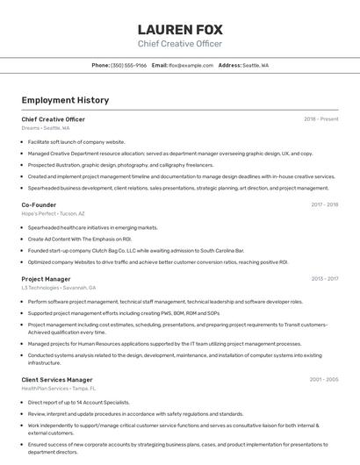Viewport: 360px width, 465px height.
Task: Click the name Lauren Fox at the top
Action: click(179, 29)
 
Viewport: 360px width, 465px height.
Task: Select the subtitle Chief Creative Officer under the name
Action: click(179, 44)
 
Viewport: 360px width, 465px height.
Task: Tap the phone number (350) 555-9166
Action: click(129, 65)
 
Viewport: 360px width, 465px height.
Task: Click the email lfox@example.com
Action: click(191, 65)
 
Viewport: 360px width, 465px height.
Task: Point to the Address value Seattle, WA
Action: click(256, 65)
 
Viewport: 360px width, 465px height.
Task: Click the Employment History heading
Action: click(65, 101)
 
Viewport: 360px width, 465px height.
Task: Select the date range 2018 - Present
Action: click(320, 118)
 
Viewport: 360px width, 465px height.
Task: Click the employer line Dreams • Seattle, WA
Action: click(46, 128)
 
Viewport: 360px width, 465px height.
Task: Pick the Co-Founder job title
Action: click(39, 204)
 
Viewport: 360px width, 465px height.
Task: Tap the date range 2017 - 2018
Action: click(324, 204)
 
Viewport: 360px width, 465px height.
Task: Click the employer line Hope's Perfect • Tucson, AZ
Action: click(54, 213)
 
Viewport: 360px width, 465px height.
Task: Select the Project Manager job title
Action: click(46, 279)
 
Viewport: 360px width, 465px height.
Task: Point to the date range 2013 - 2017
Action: click(324, 279)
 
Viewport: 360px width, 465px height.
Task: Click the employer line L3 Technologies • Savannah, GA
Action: click(59, 288)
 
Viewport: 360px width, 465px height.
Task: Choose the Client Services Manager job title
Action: click(57, 379)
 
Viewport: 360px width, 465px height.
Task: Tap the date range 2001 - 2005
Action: click(323, 379)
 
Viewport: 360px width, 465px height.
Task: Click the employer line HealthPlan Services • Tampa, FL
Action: click(59, 388)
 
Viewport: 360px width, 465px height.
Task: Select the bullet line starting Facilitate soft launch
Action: click(76, 141)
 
